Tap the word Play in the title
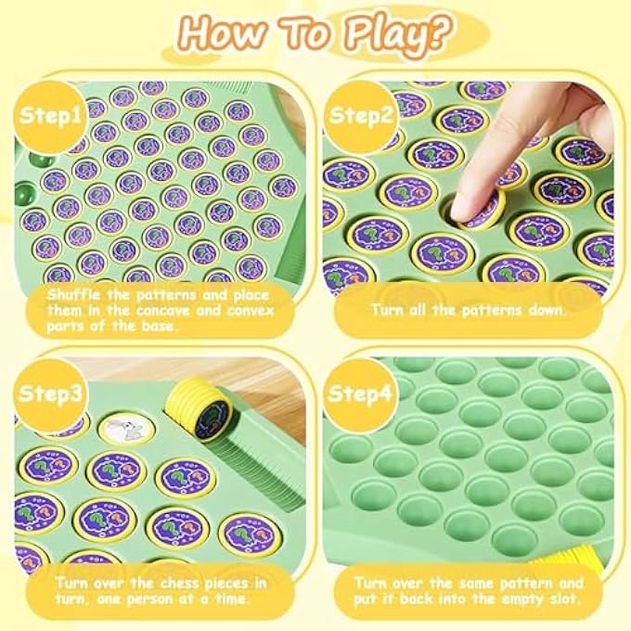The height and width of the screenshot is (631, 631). coord(372,34)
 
